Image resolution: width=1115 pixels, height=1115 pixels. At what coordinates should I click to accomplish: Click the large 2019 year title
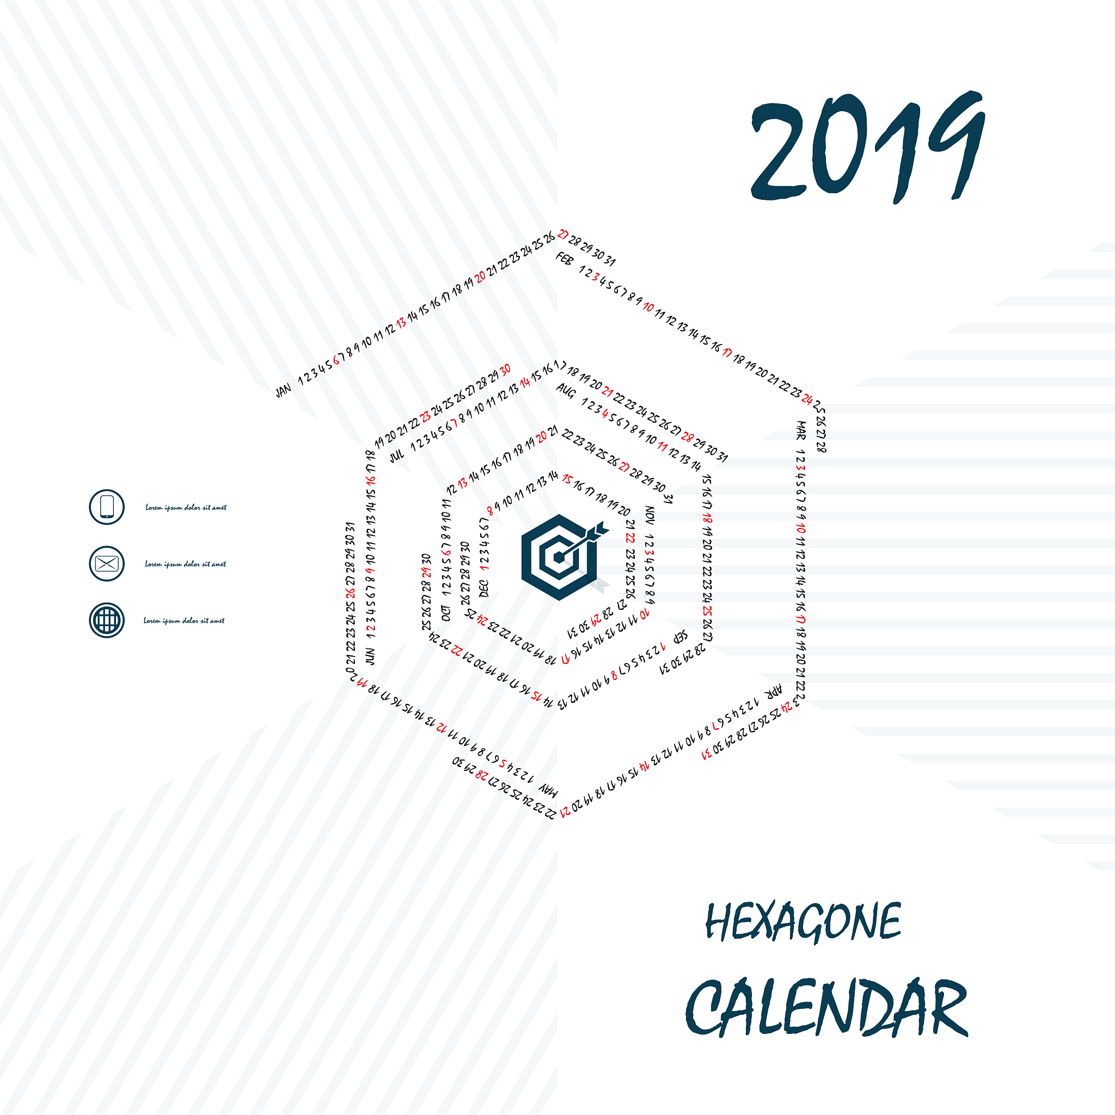[x=867, y=147]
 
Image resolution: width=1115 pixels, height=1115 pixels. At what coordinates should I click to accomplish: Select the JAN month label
[x=283, y=391]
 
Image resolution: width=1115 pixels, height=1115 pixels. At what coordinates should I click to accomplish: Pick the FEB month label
[x=564, y=259]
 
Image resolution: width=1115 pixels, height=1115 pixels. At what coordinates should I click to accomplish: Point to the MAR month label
[x=800, y=430]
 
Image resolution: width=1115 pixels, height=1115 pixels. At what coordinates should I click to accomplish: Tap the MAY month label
[x=548, y=790]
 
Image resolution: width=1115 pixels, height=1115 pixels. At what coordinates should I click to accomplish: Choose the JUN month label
[x=370, y=656]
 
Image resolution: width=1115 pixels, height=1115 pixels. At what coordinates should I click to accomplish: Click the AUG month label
[x=566, y=391]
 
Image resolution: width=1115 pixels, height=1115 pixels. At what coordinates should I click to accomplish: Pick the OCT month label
[x=445, y=613]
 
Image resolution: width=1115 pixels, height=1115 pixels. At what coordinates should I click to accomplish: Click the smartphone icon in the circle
[x=107, y=507]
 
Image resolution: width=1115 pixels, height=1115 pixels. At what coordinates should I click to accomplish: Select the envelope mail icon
[x=107, y=563]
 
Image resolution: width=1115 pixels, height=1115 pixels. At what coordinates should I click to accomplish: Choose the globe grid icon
[x=107, y=620]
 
